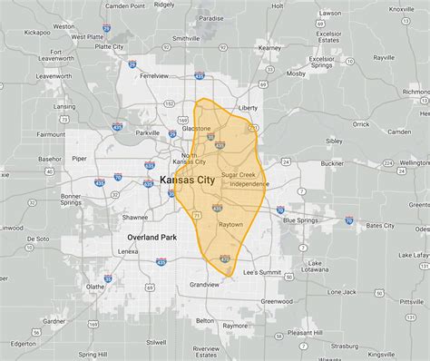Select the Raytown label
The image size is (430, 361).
point(230,223)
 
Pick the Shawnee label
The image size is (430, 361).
point(135,218)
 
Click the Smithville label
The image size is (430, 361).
point(186,39)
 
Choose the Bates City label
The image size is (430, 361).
point(380,225)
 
